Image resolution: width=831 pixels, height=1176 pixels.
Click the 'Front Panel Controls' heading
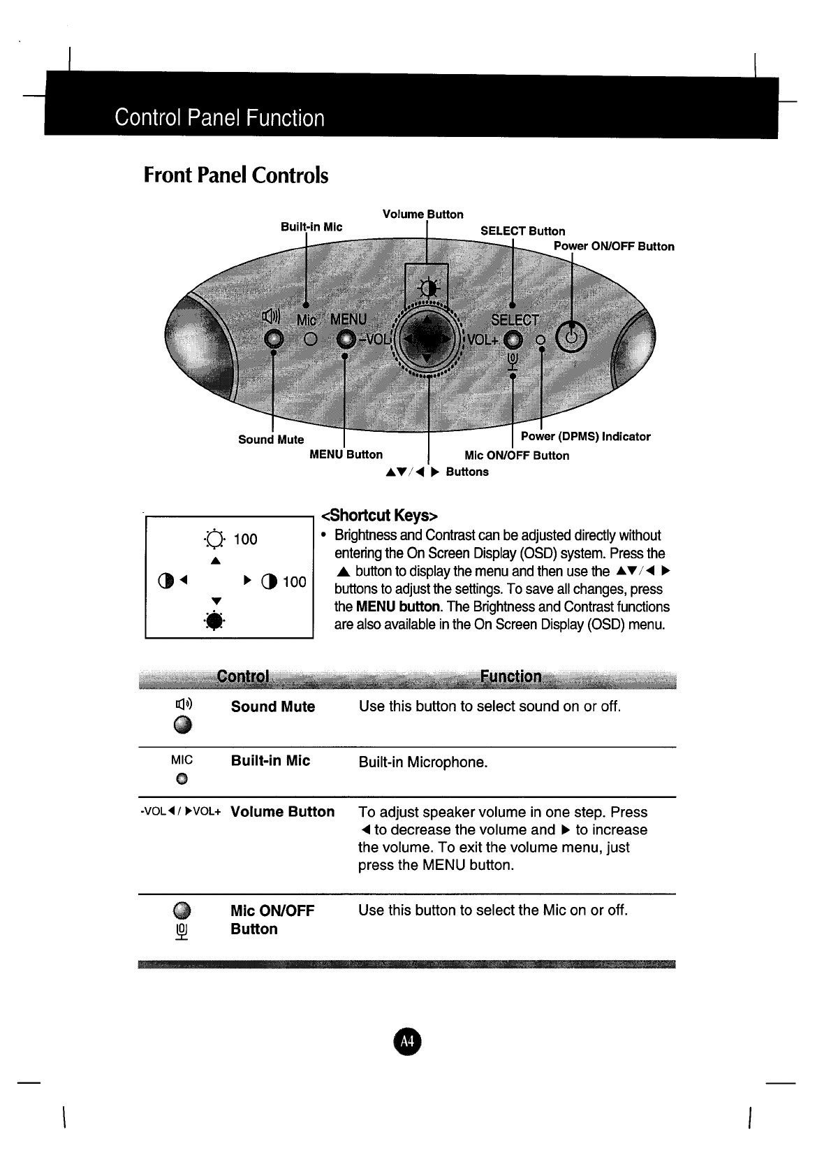pos(235,175)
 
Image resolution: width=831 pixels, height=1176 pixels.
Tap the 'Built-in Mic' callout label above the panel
pos(311,227)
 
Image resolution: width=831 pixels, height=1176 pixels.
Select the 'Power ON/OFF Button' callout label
pos(614,246)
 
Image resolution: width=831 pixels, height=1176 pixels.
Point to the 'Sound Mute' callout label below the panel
pos(271,440)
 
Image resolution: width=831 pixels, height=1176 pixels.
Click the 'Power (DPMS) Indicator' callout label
pos(585,437)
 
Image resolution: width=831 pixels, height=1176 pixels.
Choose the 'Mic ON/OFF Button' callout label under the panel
pos(517,456)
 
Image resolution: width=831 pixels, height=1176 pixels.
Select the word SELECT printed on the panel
pos(515,321)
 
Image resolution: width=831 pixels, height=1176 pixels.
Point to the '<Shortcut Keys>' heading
pos(378,516)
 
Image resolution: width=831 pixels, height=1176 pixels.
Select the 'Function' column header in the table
pos(510,676)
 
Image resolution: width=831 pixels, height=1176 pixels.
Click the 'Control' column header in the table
pos(242,676)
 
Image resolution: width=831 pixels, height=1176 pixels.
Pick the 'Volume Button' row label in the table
pos(282,812)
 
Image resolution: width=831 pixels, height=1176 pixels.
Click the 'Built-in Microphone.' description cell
pos(422,762)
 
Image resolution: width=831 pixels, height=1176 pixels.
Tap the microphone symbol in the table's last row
pos(182,932)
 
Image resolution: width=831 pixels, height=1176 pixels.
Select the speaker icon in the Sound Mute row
pos(183,704)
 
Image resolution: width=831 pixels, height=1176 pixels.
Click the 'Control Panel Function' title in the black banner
pos(220,117)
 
